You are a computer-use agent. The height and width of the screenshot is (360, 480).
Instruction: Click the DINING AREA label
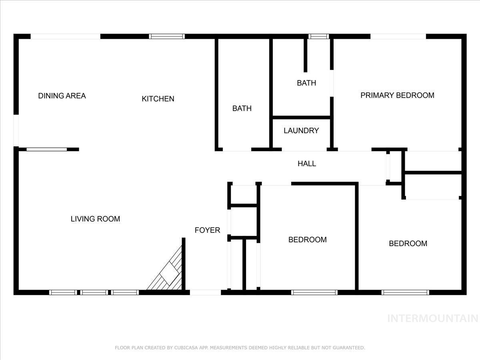[x=62, y=96]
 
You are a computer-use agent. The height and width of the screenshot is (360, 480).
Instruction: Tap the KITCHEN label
[x=158, y=99]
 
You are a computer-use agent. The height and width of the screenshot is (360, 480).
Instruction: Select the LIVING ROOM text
[x=95, y=219]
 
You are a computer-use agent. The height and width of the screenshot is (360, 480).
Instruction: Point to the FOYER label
[x=207, y=230]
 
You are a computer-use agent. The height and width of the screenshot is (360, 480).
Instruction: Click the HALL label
[x=307, y=164]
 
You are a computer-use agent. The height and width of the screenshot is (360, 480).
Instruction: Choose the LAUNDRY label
[x=301, y=130]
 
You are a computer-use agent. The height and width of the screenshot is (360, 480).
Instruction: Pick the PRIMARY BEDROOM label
[x=397, y=95]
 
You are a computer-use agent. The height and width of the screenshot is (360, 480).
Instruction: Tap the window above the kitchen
[x=167, y=36]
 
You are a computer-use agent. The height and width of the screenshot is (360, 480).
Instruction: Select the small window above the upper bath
[x=319, y=36]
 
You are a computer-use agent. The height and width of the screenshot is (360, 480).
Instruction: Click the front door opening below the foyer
[x=205, y=292]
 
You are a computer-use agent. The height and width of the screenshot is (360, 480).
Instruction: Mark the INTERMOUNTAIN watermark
[x=433, y=318]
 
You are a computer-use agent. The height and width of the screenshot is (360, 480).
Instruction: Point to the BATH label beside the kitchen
[x=242, y=108]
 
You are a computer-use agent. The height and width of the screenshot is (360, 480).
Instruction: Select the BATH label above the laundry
[x=306, y=83]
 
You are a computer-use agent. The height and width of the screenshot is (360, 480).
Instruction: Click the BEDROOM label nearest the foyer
[x=308, y=240]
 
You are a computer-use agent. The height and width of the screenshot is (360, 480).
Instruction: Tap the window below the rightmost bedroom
[x=405, y=292]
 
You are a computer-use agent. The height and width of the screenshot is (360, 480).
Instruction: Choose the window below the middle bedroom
[x=314, y=292]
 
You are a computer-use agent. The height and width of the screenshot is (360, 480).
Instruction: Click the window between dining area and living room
[x=46, y=150]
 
